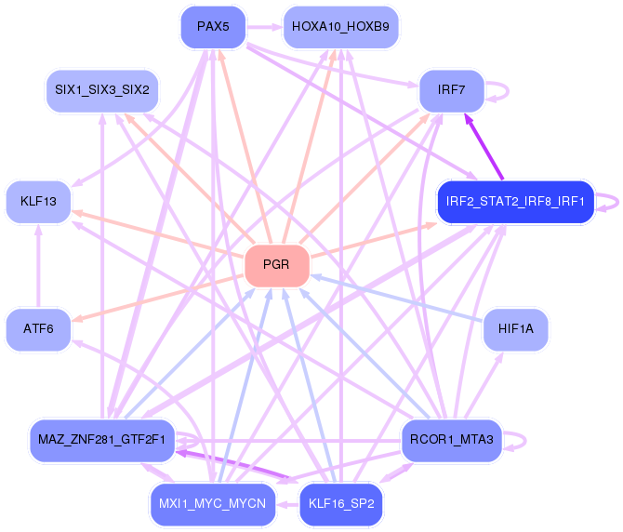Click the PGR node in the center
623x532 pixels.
click(x=277, y=265)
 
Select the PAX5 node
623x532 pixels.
click(x=213, y=27)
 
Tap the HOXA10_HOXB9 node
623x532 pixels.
click(x=341, y=27)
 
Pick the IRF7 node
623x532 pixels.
click(x=452, y=90)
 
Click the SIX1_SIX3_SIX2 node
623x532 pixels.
click(x=102, y=90)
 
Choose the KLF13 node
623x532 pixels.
click(x=38, y=202)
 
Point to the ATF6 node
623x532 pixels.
click(x=38, y=329)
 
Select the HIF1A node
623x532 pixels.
click(x=516, y=329)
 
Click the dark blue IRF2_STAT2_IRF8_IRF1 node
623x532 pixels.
click(x=515, y=202)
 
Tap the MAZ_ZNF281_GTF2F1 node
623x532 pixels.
click(x=102, y=440)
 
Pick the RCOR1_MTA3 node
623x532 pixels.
click(x=452, y=440)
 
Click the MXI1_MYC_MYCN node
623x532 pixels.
click(x=213, y=504)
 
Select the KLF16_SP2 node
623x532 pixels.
click(x=341, y=504)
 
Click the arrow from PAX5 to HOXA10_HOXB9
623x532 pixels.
click(x=265, y=27)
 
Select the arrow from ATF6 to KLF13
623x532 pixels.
click(x=38, y=266)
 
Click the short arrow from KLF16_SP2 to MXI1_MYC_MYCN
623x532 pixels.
click(x=287, y=505)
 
